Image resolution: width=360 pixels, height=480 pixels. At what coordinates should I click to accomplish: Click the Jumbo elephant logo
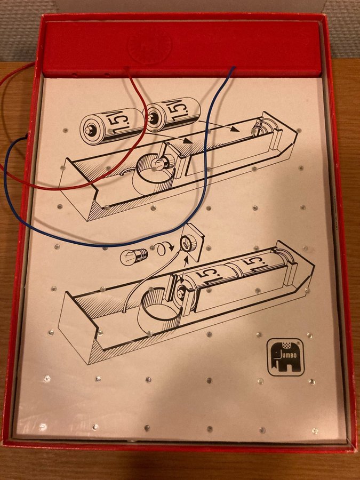pyautogui.click(x=286, y=357)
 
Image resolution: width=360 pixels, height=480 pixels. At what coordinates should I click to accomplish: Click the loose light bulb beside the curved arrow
pyautogui.click(x=134, y=255)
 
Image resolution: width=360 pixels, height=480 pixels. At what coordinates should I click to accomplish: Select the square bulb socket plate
pyautogui.click(x=192, y=243)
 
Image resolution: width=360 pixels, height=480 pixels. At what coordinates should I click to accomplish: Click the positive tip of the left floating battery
pyautogui.click(x=90, y=130)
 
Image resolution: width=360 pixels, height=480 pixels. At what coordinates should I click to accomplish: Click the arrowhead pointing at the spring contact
pyautogui.click(x=235, y=129)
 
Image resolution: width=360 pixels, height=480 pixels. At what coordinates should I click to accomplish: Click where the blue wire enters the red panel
pyautogui.click(x=234, y=68)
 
